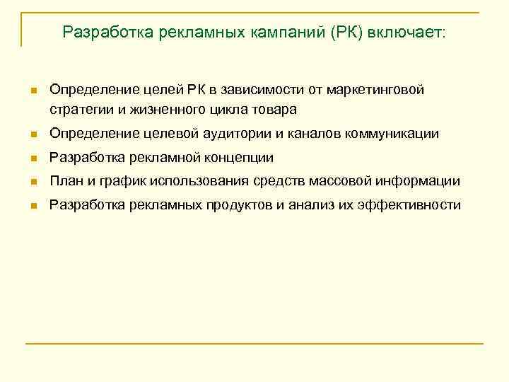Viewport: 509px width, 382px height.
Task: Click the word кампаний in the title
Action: click(x=285, y=33)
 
